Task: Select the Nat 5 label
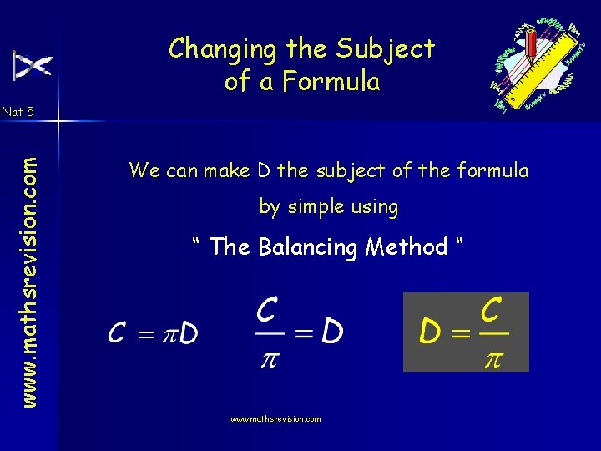pos(18,111)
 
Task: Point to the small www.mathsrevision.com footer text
pos(275,419)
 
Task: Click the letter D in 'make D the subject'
pos(264,171)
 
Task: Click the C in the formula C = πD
pos(117,334)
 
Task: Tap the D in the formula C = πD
pos(189,334)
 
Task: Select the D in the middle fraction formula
pos(331,333)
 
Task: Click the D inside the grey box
pos(430,333)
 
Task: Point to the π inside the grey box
pos(492,358)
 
